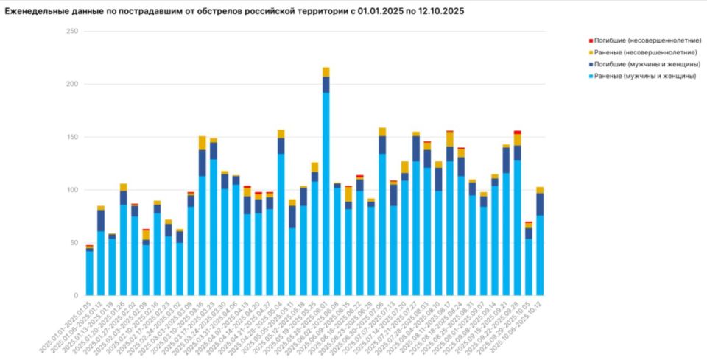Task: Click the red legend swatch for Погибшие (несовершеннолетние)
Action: click(591, 40)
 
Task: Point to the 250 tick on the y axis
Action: click(71, 31)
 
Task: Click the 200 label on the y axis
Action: click(71, 84)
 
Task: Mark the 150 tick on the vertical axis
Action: click(71, 137)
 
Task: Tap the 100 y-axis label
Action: click(71, 190)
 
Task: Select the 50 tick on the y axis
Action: click(73, 243)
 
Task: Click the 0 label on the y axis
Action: click(75, 296)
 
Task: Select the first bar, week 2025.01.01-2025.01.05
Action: click(89, 272)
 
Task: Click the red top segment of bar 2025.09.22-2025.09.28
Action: click(517, 132)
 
